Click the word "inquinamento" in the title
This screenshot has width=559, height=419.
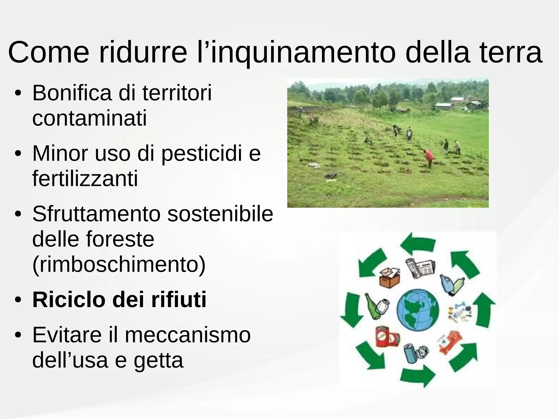coord(303,52)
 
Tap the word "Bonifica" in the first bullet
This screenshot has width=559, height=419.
coord(72,93)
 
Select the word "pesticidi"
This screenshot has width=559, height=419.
coord(202,154)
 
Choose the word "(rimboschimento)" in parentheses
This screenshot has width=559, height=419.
coord(119,264)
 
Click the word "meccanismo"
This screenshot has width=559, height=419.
coord(188,335)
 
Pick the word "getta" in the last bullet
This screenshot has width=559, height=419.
coord(158,360)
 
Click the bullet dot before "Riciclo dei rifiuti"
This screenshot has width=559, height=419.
coord(18,300)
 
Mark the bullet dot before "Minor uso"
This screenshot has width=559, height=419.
coord(18,154)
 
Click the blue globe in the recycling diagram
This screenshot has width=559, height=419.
coord(418,310)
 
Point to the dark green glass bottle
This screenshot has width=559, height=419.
coord(371,306)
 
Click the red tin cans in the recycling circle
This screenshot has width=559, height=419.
coord(386,337)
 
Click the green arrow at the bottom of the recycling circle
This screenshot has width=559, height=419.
coord(418,376)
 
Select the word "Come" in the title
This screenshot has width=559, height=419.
coord(49,52)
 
